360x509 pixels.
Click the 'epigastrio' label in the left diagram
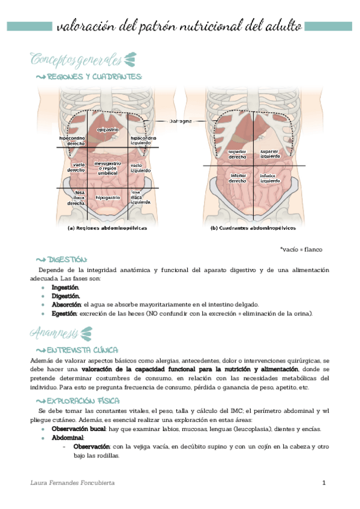click(108, 129)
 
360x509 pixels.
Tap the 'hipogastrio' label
click(108, 197)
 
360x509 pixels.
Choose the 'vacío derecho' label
click(78, 167)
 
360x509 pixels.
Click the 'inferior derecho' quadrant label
click(238, 178)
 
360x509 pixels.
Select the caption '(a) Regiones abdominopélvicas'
click(107, 228)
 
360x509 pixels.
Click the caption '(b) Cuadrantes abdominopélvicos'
click(253, 228)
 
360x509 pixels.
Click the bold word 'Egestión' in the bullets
click(64, 313)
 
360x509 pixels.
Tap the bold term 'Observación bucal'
click(79, 429)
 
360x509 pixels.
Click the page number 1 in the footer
click(324, 483)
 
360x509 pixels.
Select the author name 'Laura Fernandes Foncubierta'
click(73, 483)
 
